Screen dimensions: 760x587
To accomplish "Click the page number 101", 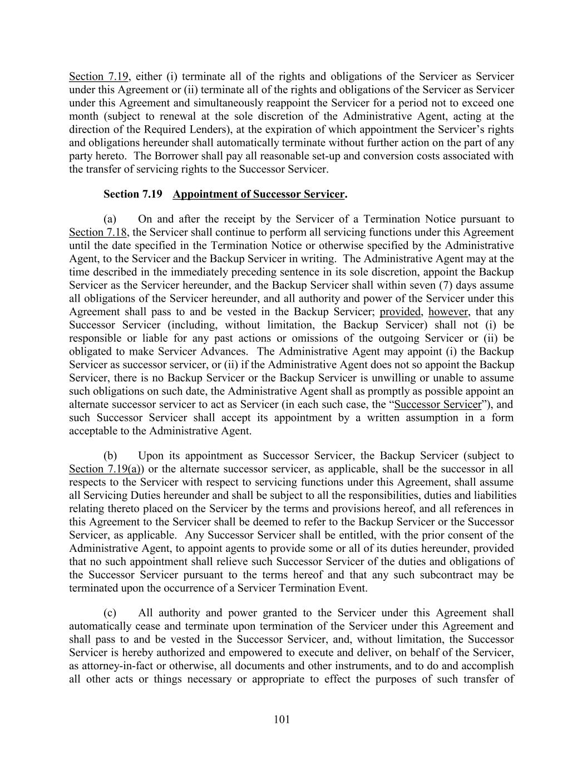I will point(282,719).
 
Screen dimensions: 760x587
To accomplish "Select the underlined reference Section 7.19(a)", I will point(105,469).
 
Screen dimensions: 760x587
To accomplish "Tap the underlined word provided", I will point(400,312).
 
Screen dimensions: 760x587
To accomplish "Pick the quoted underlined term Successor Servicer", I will point(437,404).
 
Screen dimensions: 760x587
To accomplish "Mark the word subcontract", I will point(458,575).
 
